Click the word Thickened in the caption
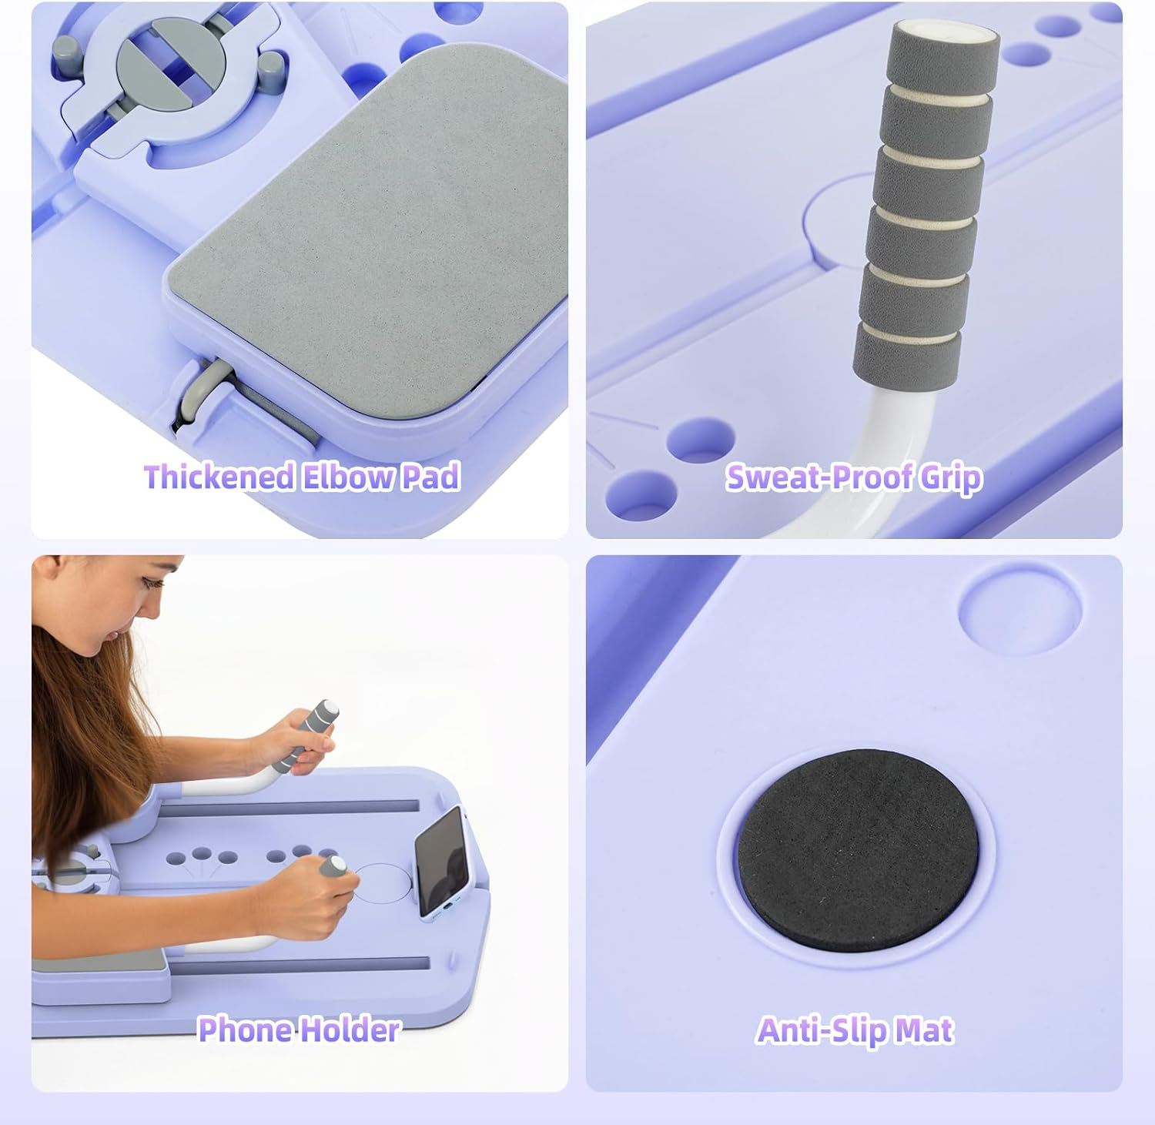tap(219, 477)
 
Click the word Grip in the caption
tap(951, 477)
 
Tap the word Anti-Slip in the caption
tap(816, 1030)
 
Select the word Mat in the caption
tap(925, 1030)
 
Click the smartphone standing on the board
tap(441, 860)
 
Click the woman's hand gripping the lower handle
tap(308, 893)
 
